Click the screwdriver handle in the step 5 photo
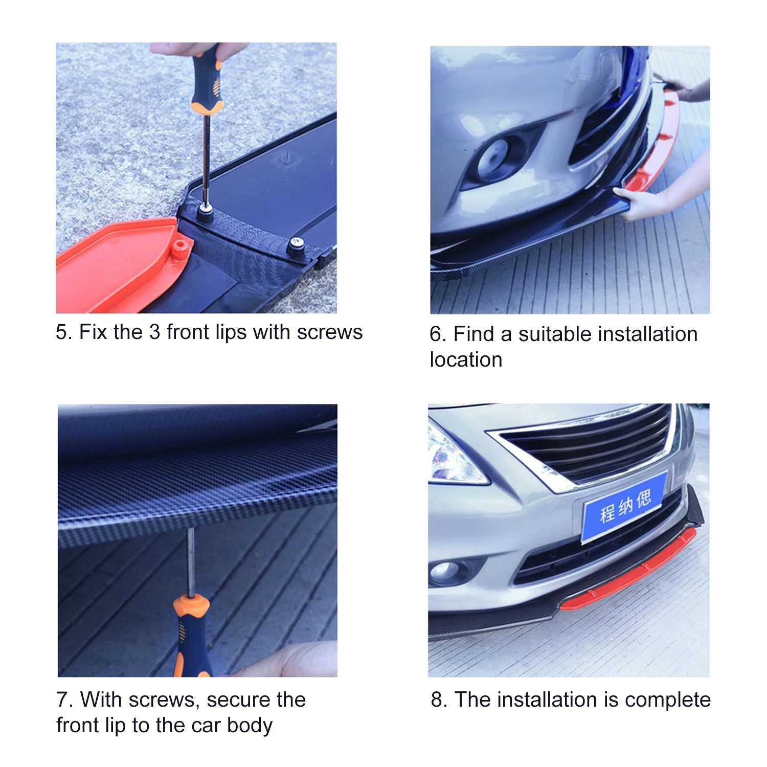pos(207,79)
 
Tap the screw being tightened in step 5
pos(206,210)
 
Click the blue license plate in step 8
pos(624,506)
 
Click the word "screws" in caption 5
pos(330,332)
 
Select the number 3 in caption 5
pos(154,332)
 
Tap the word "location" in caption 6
pos(466,360)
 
